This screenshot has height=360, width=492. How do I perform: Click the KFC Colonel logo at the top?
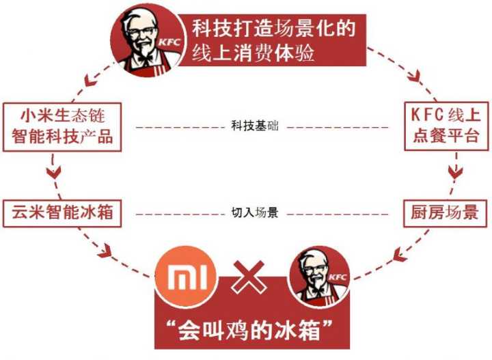[x=147, y=39]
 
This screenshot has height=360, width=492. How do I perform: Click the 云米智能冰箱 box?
[x=62, y=213]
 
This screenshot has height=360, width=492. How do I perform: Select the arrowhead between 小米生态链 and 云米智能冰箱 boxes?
[x=53, y=170]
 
